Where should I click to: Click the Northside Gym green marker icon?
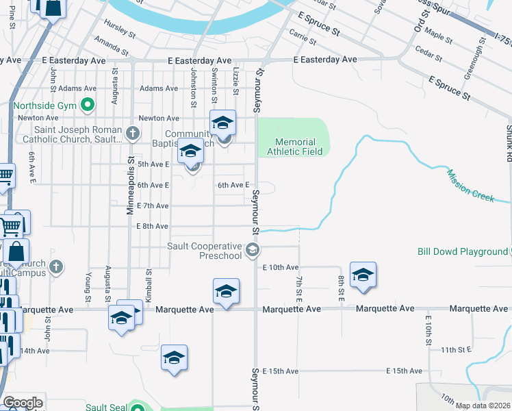(x=87, y=105)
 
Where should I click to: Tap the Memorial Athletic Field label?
(x=294, y=147)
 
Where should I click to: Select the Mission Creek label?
(x=471, y=185)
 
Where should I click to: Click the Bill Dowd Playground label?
(x=462, y=251)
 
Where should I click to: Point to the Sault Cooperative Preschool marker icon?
(x=253, y=250)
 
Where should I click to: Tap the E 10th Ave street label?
(x=281, y=267)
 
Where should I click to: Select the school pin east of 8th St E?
(x=363, y=275)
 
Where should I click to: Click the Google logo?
(x=23, y=403)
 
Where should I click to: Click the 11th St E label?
(x=457, y=349)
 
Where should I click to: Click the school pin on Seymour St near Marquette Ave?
(x=226, y=292)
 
